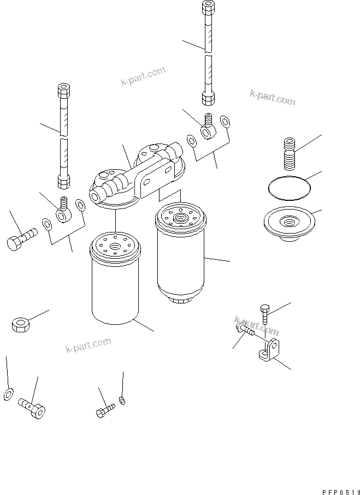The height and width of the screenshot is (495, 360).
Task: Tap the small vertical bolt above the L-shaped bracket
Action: tap(265, 314)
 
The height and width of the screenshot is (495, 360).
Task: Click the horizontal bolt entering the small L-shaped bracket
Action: tap(246, 330)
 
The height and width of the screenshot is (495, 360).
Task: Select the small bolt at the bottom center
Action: tap(105, 410)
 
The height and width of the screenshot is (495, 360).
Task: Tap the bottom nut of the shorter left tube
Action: tap(63, 180)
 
